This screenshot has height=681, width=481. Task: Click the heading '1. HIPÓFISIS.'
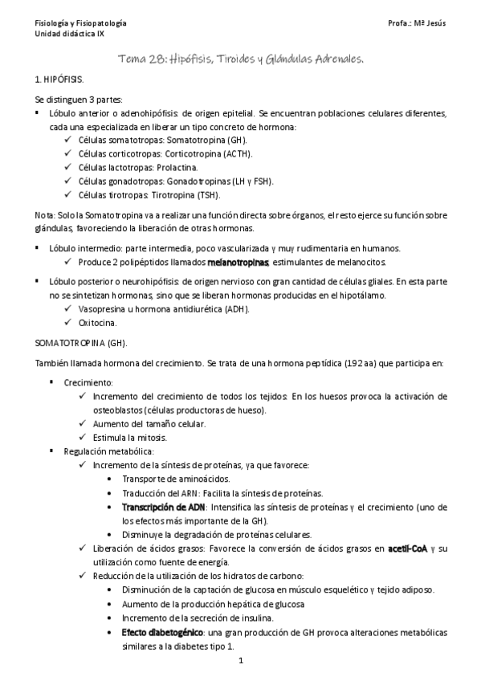click(58, 83)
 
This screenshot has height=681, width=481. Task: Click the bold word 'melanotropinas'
click(238, 263)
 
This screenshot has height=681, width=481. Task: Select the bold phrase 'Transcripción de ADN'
click(164, 507)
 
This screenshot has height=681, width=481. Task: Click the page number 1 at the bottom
click(240, 663)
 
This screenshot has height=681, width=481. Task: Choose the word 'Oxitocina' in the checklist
click(100, 323)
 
